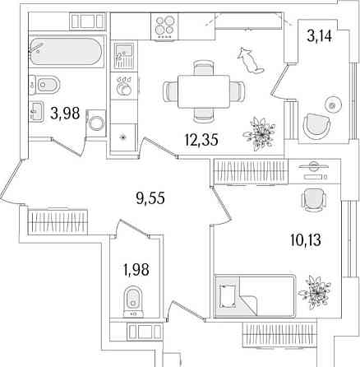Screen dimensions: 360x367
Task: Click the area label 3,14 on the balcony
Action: [320, 36]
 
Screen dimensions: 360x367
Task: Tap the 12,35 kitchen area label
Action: [201, 140]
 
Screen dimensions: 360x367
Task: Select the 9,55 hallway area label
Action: [150, 198]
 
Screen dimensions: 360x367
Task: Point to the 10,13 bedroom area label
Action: [306, 240]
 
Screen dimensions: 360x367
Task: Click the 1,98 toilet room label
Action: [136, 269]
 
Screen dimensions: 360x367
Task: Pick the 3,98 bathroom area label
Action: [65, 113]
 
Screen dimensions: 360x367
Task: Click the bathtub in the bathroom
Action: [66, 52]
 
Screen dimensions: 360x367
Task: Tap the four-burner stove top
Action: [164, 26]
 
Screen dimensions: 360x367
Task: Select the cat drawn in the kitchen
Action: [250, 61]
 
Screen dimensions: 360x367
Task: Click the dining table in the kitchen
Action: [204, 91]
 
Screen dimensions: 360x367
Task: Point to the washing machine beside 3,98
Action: [95, 123]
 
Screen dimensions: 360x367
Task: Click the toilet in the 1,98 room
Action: [133, 301]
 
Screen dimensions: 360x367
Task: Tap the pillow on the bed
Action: [227, 296]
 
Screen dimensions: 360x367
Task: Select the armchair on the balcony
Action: [317, 127]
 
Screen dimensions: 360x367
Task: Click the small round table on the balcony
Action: [333, 105]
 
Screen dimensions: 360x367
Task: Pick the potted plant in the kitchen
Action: [259, 133]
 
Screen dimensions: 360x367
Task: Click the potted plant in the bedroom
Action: [315, 292]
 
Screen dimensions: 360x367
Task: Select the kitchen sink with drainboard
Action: [124, 56]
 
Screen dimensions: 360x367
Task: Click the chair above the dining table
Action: [203, 67]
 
